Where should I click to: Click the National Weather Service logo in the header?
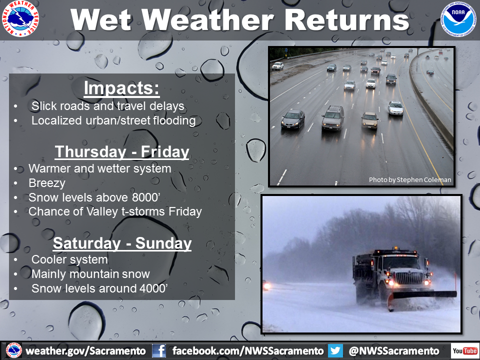point(20,18)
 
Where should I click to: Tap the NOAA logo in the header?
point(458,19)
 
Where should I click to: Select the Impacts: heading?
point(121,88)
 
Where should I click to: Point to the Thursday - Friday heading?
point(122,152)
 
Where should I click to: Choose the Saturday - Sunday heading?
point(122,243)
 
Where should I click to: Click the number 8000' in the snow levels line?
point(146,197)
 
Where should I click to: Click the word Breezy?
point(47,183)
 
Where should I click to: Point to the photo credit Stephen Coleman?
point(424,179)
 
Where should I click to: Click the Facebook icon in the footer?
point(159,351)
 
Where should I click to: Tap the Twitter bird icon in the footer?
point(335,351)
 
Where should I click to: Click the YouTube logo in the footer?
point(464,351)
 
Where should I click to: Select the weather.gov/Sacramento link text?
point(85,351)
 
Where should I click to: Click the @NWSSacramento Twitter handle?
point(393,351)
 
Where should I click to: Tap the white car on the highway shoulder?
point(277,66)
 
